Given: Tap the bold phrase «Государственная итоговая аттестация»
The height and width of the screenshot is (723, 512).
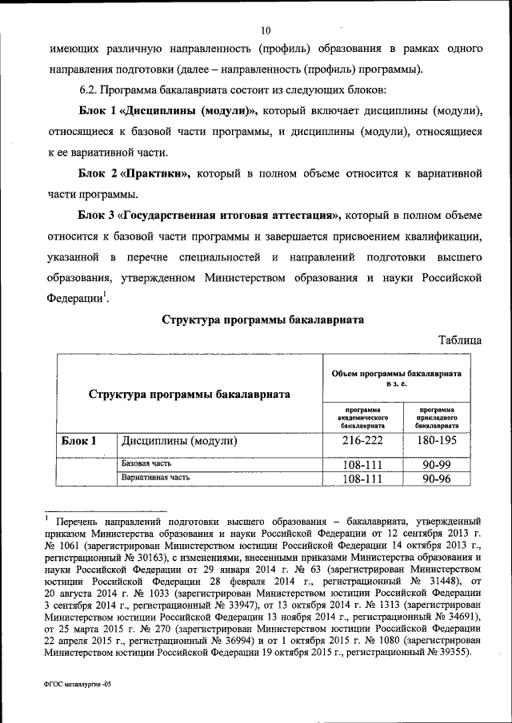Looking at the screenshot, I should pyautogui.click(x=230, y=216).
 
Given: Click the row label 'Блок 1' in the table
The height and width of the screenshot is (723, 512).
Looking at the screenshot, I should pyautogui.click(x=78, y=440).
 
